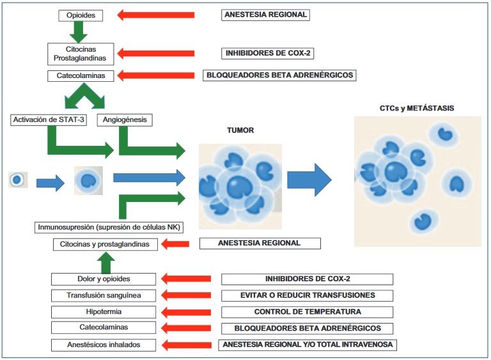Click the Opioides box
(x=80, y=15)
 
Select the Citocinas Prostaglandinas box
(x=81, y=53)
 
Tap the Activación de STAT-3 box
(x=49, y=120)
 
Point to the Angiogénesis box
(x=125, y=120)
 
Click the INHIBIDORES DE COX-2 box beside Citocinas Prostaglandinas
(x=269, y=53)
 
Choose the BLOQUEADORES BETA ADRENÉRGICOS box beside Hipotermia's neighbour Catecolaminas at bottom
(x=308, y=328)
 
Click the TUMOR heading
(x=240, y=130)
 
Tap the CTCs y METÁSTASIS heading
(x=417, y=108)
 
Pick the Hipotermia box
(x=103, y=312)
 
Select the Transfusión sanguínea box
(x=103, y=295)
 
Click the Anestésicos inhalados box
(x=103, y=345)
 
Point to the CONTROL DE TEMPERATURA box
(x=308, y=312)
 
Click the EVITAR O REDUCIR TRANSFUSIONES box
(x=308, y=295)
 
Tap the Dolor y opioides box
(x=103, y=279)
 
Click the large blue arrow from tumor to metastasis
(x=309, y=180)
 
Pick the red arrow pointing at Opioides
(x=155, y=15)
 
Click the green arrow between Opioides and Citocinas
(x=79, y=31)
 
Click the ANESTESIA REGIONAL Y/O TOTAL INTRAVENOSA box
(x=308, y=345)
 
